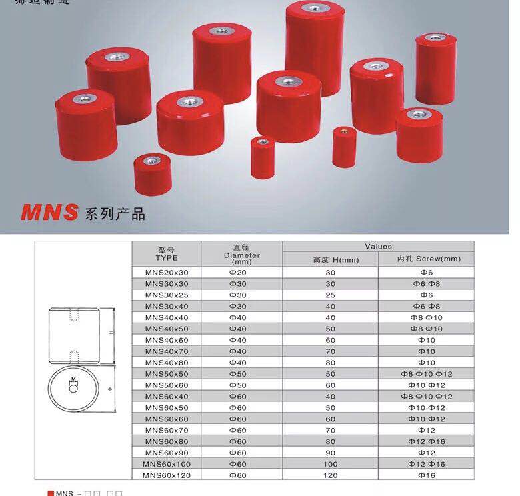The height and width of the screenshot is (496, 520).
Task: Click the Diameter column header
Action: [241, 255]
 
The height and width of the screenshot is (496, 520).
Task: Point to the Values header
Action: [378, 246]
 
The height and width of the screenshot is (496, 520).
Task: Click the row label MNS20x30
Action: [167, 272]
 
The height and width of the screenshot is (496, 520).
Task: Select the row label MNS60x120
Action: [167, 475]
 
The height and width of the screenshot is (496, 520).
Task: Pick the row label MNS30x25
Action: [167, 294]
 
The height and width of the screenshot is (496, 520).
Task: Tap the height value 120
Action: [331, 475]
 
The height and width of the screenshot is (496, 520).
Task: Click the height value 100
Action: [331, 464]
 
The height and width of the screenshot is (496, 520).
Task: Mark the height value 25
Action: [331, 294]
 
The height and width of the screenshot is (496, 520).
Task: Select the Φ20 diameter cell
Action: [238, 272]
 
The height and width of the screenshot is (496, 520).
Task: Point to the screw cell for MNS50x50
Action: [426, 373]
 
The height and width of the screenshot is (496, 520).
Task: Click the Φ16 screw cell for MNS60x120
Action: [426, 475]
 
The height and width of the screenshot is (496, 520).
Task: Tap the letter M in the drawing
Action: [73, 379]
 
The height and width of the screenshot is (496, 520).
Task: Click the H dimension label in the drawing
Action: [111, 332]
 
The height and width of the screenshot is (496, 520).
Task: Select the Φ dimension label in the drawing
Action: [109, 387]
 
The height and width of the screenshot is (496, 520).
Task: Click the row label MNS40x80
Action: [167, 362]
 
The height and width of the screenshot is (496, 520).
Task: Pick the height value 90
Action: [331, 453]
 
